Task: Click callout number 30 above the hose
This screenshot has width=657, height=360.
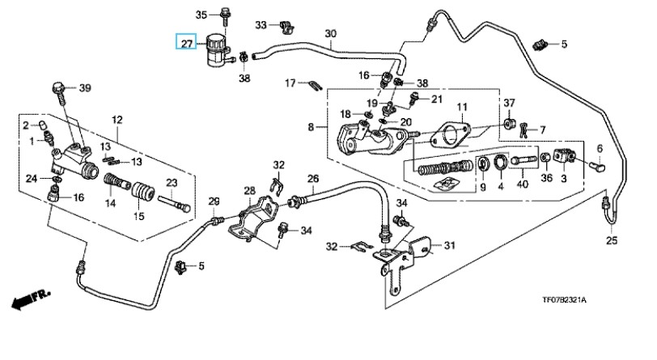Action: [x=330, y=34]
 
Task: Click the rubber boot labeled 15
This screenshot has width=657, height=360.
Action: [x=142, y=197]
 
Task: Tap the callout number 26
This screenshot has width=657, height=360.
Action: [x=313, y=179]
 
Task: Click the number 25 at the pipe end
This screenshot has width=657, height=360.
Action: [x=612, y=239]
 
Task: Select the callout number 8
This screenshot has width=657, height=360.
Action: [x=312, y=127]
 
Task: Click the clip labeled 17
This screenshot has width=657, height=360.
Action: [x=316, y=84]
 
